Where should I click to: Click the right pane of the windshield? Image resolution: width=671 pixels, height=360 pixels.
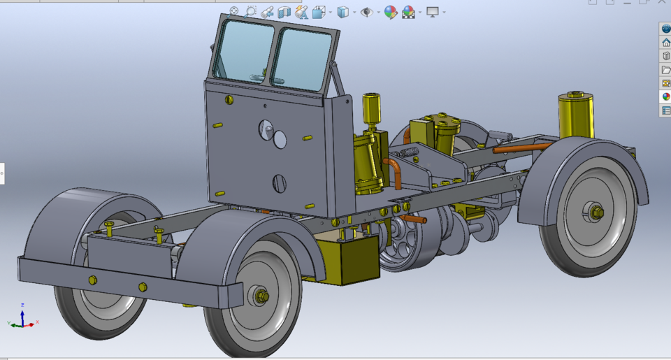(x=303, y=58)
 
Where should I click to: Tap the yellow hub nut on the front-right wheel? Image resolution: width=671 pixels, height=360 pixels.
(x=262, y=296)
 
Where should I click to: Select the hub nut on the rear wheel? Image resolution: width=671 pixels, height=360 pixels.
(x=596, y=212)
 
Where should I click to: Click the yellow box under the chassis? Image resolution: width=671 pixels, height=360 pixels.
(x=347, y=259)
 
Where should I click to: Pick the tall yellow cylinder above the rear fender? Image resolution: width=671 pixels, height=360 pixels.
(x=576, y=115)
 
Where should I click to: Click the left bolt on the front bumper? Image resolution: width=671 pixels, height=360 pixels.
(x=92, y=280)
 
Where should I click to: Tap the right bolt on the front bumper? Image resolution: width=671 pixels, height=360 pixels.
(x=143, y=287)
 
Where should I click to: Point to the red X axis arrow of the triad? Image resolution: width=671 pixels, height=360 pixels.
(x=33, y=322)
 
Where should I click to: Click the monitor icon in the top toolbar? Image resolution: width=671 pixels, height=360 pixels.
(x=433, y=12)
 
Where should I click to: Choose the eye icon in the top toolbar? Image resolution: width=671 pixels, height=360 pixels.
(x=366, y=12)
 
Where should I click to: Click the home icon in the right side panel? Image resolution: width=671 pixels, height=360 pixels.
(x=665, y=43)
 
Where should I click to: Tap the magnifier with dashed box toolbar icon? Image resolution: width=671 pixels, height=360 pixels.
(x=250, y=12)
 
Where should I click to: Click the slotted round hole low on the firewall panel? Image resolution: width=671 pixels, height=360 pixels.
(x=279, y=184)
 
